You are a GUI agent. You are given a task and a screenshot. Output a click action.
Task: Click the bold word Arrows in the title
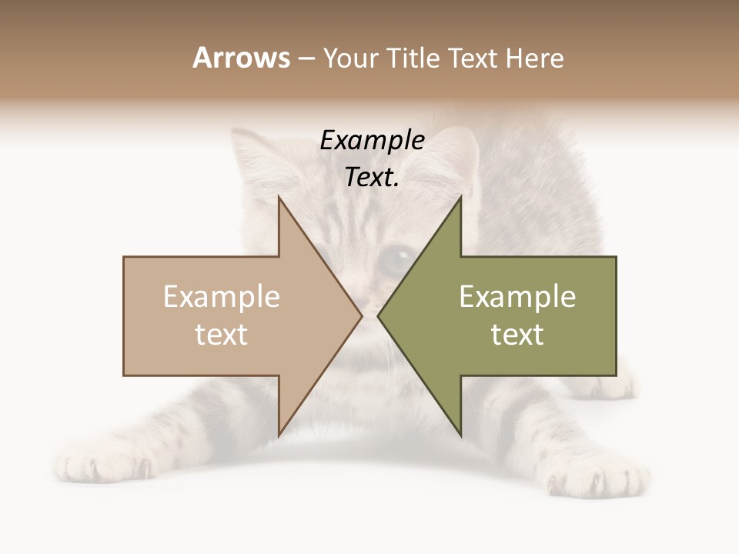241,58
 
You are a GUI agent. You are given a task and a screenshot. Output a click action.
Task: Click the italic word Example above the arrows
372,140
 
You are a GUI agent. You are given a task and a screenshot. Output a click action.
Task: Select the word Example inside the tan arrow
221,297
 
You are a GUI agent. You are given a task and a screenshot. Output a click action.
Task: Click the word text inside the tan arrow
221,334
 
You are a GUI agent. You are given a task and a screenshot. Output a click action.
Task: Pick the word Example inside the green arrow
517,297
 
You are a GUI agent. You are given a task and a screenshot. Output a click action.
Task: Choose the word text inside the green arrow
517,334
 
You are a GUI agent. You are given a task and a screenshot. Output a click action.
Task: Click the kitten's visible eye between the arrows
396,260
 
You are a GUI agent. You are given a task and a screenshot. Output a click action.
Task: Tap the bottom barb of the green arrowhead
460,433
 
